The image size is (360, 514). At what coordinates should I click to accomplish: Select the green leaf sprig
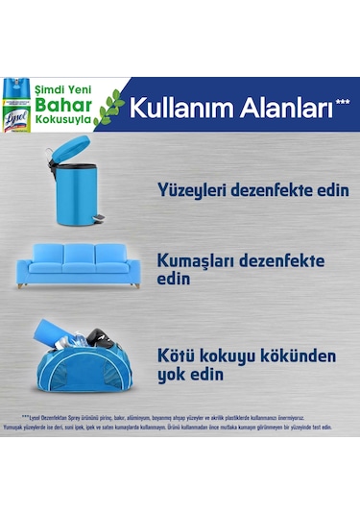point(108,105)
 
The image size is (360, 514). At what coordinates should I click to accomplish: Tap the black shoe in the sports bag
point(95,338)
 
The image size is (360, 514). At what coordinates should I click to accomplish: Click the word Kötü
point(178,356)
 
